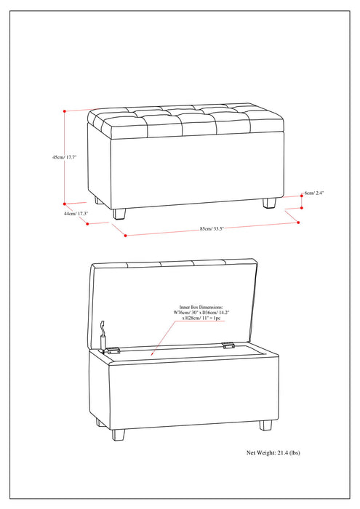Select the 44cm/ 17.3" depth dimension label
coord(75,213)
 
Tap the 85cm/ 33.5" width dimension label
coord(211,228)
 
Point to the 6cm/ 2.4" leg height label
coord(313,193)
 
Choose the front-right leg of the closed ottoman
coord(270,203)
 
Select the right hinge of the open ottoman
coord(228,346)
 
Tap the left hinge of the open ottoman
coord(112,350)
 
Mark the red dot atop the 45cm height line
coord(65,111)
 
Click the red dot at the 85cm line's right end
coord(298,222)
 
